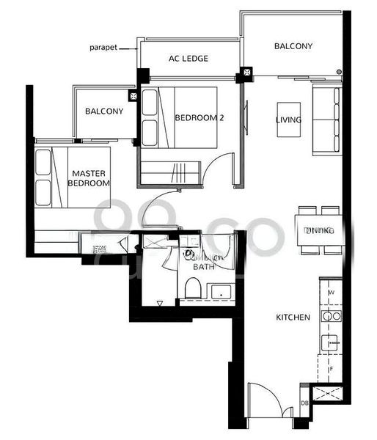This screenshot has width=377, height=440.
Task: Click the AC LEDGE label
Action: pos(188,59)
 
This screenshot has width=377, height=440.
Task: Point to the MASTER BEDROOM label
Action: pos(89,178)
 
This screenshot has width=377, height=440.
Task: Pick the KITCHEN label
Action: pos(293,318)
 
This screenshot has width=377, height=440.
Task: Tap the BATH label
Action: pos(202,268)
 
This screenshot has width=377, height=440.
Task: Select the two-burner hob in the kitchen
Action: pos(331,317)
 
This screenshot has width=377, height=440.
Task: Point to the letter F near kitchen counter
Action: pos(332,370)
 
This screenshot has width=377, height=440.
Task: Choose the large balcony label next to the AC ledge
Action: pos(293,46)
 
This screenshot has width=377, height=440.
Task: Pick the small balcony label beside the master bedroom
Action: pos(103,111)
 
